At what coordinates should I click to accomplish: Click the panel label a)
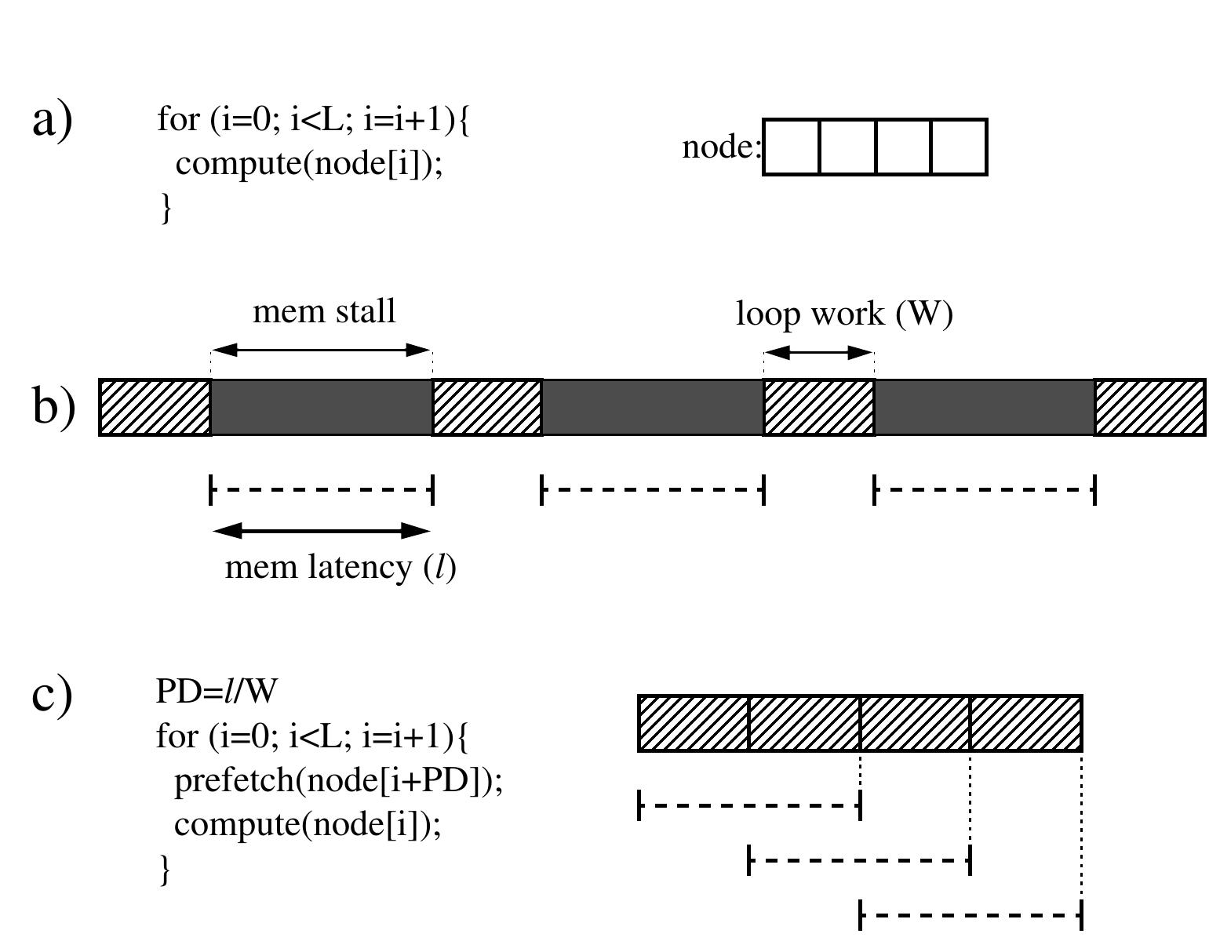coord(53,122)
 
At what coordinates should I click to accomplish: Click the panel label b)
coord(53,407)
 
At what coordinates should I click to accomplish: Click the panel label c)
coord(53,695)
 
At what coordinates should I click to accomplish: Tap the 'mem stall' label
coord(324,312)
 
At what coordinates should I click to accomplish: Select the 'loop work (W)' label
coord(844,314)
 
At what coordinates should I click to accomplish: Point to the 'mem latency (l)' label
coord(340,567)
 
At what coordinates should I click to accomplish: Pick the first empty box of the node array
coord(791,147)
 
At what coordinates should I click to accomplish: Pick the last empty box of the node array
coord(959,147)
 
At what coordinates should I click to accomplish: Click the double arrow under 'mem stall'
coord(322,351)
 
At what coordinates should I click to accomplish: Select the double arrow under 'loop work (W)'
coord(818,353)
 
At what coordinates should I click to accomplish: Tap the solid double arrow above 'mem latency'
coord(322,532)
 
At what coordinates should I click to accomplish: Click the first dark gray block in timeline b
coord(322,407)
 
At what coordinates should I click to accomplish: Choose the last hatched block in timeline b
coord(1149,407)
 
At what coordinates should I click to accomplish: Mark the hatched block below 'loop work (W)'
coord(818,407)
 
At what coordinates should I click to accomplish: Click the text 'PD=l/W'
coord(217,692)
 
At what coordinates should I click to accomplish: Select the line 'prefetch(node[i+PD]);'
coord(337,781)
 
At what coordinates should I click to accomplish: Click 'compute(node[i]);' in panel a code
coord(308,164)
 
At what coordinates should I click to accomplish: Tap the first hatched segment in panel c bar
coord(694,723)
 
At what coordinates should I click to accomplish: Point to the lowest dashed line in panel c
coord(970,915)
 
